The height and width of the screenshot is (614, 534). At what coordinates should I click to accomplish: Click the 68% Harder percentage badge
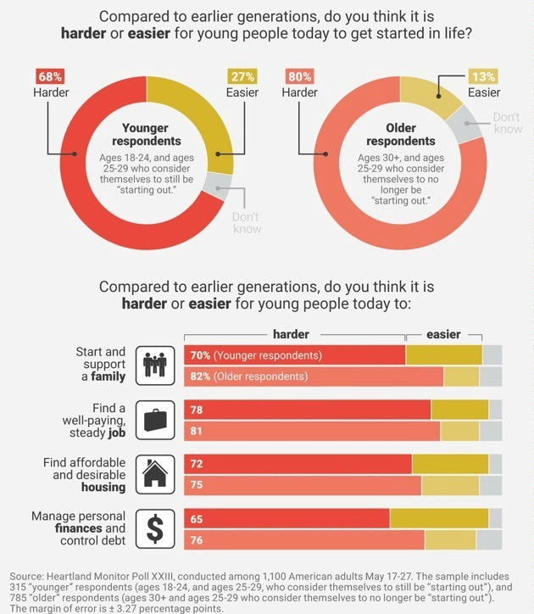50,77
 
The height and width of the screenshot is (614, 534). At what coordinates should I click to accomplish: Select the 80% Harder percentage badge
299,77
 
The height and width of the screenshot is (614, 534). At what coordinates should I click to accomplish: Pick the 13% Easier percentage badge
483,77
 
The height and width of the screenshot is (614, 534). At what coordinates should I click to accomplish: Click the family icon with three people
154,365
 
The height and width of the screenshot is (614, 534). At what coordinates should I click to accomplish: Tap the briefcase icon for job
154,420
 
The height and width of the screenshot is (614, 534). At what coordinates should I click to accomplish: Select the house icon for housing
154,474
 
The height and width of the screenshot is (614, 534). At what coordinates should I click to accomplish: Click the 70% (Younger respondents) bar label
256,355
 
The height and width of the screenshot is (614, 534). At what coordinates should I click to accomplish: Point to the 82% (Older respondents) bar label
248,376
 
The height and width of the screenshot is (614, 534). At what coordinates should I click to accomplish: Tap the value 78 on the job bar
197,410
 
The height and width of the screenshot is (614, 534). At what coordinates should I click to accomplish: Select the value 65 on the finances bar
197,519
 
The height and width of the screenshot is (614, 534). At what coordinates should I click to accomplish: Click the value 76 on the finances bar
197,539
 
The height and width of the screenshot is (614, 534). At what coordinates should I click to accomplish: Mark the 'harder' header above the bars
291,334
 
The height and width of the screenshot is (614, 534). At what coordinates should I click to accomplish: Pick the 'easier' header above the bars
443,334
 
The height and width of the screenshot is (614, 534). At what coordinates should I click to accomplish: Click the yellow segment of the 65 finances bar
439,519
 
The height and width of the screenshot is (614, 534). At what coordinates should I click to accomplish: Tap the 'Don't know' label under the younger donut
246,223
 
